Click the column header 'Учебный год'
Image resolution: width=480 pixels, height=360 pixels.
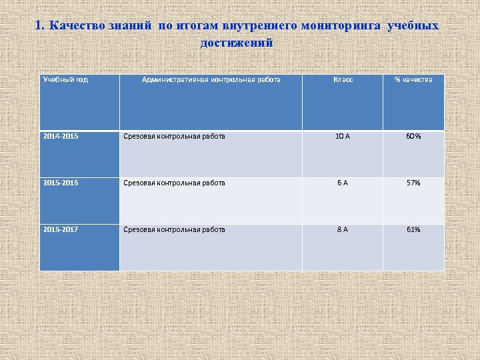[65, 80]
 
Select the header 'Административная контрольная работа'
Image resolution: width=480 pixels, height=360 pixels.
[211, 80]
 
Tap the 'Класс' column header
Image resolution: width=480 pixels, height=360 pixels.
[343, 80]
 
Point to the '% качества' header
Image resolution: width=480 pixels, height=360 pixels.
[413, 80]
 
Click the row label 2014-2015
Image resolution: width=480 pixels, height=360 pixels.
[61, 137]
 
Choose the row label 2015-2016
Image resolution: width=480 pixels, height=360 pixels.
[61, 183]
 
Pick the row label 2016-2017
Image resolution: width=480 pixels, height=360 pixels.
[61, 229]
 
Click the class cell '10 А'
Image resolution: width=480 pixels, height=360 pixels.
[343, 137]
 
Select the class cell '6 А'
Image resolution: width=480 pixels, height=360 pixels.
[343, 183]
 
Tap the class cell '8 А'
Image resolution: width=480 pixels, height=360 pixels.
[343, 229]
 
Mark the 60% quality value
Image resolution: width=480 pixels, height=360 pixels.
[413, 137]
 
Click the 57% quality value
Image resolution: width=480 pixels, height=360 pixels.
[413, 183]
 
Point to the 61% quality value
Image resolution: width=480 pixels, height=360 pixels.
[413, 229]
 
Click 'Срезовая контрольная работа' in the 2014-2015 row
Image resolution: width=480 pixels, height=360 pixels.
[174, 137]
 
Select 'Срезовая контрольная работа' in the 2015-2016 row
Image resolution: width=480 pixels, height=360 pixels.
[174, 183]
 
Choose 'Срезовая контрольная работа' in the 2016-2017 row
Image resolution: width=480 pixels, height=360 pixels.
[174, 229]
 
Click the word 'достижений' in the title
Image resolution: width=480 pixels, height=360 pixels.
[237, 43]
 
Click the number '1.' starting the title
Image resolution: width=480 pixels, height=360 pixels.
[39, 27]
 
